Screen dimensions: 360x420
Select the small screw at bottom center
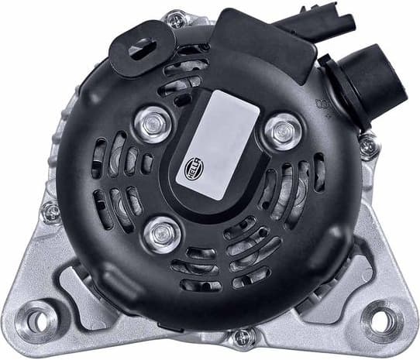click(x=243, y=337)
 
